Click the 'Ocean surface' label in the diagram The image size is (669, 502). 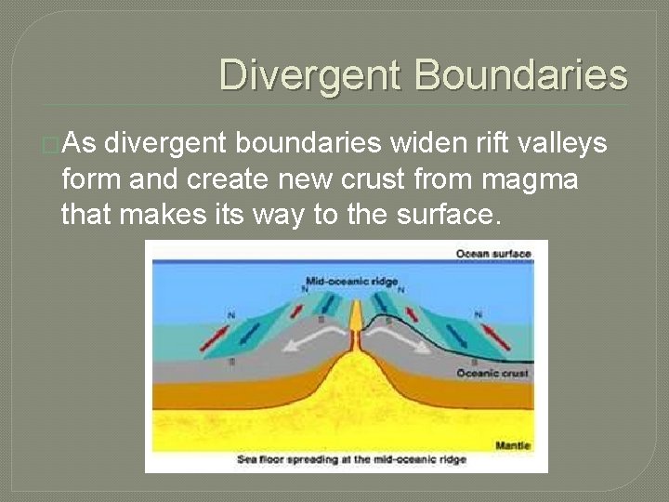pyautogui.click(x=492, y=254)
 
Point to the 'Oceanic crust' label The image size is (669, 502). pyautogui.click(x=492, y=373)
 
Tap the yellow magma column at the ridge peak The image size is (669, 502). pyautogui.click(x=355, y=321)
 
